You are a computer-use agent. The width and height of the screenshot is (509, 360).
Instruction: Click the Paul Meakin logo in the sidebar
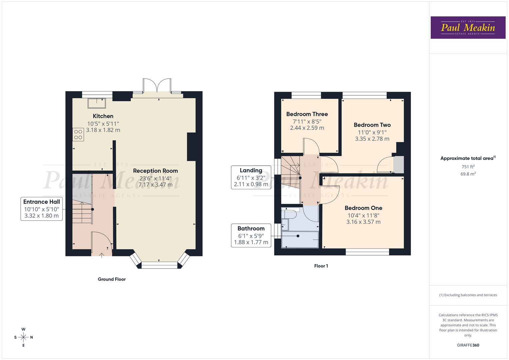pos(468,28)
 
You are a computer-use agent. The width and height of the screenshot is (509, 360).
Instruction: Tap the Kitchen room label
pos(103,116)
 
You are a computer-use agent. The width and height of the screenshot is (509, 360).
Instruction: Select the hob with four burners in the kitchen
pos(78,135)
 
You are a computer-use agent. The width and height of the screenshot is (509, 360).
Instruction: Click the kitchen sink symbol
pos(97,103)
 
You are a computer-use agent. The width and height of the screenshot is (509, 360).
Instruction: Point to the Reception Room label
pos(155,171)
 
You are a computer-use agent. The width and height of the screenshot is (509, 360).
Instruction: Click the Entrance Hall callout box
pos(42,209)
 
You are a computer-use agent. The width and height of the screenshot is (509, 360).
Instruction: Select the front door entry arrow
pos(102,255)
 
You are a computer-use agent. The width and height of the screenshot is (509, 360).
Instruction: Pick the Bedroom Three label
pos(307,114)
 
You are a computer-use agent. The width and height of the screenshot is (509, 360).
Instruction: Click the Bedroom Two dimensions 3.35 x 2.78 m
pos(372,139)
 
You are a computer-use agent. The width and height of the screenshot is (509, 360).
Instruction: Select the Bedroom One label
pos(363,208)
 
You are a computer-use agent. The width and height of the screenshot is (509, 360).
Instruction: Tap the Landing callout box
pos(251,177)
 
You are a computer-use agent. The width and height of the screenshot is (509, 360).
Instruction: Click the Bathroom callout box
pos(251,235)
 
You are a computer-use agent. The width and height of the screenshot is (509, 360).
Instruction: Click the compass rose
pos(23,337)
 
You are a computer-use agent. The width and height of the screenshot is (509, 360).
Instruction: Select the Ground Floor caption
pos(112,279)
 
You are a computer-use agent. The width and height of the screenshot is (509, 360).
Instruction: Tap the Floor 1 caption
pos(321,266)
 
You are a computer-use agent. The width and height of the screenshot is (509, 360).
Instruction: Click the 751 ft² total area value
pos(468,167)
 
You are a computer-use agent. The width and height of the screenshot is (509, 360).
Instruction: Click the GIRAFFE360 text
pos(468,345)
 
